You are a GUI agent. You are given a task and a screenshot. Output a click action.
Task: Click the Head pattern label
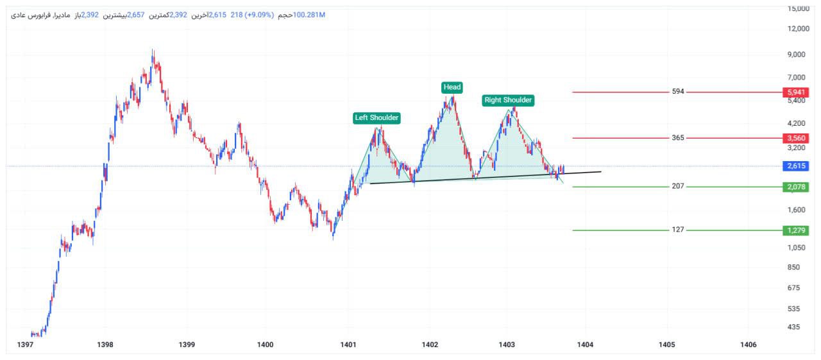(452, 87)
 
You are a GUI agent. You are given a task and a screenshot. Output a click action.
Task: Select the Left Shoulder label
(377, 117)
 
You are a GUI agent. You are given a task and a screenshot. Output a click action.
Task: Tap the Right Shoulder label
(508, 100)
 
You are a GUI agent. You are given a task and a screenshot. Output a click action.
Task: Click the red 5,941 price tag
(794, 92)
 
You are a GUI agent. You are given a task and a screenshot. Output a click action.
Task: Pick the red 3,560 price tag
(794, 138)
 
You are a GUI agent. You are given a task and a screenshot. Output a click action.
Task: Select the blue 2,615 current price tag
(794, 166)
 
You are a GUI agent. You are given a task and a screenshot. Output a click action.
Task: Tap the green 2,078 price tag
(794, 187)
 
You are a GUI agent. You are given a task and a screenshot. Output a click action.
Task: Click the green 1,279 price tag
(794, 230)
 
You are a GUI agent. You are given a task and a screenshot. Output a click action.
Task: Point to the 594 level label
(678, 92)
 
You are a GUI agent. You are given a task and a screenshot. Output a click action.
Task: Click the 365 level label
(678, 138)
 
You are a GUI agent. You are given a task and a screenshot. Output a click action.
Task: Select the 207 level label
(678, 186)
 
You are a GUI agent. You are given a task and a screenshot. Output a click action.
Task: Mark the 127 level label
(678, 230)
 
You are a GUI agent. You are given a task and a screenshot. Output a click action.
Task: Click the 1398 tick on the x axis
(105, 345)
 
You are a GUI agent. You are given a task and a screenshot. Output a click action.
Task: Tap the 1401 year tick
(348, 345)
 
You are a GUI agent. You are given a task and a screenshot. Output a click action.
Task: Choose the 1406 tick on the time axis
(748, 345)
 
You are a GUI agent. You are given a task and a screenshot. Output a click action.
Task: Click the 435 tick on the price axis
(794, 327)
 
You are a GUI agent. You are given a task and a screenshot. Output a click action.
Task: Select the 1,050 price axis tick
(797, 248)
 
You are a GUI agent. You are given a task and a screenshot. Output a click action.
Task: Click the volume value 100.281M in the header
(309, 15)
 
